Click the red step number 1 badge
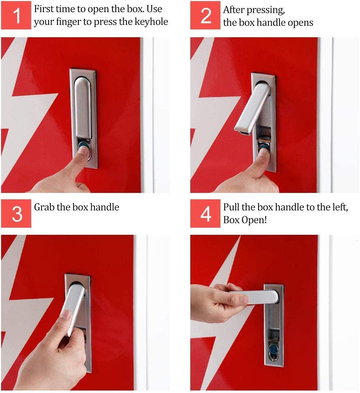tap(16, 15)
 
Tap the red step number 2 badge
tap(205, 15)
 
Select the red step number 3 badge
tap(16, 214)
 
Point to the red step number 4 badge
tap(205, 214)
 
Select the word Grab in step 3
tap(44, 207)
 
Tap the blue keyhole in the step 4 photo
tap(273, 349)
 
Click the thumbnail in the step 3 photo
tap(66, 314)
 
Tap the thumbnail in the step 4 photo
tap(244, 299)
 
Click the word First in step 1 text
tap(44, 9)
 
